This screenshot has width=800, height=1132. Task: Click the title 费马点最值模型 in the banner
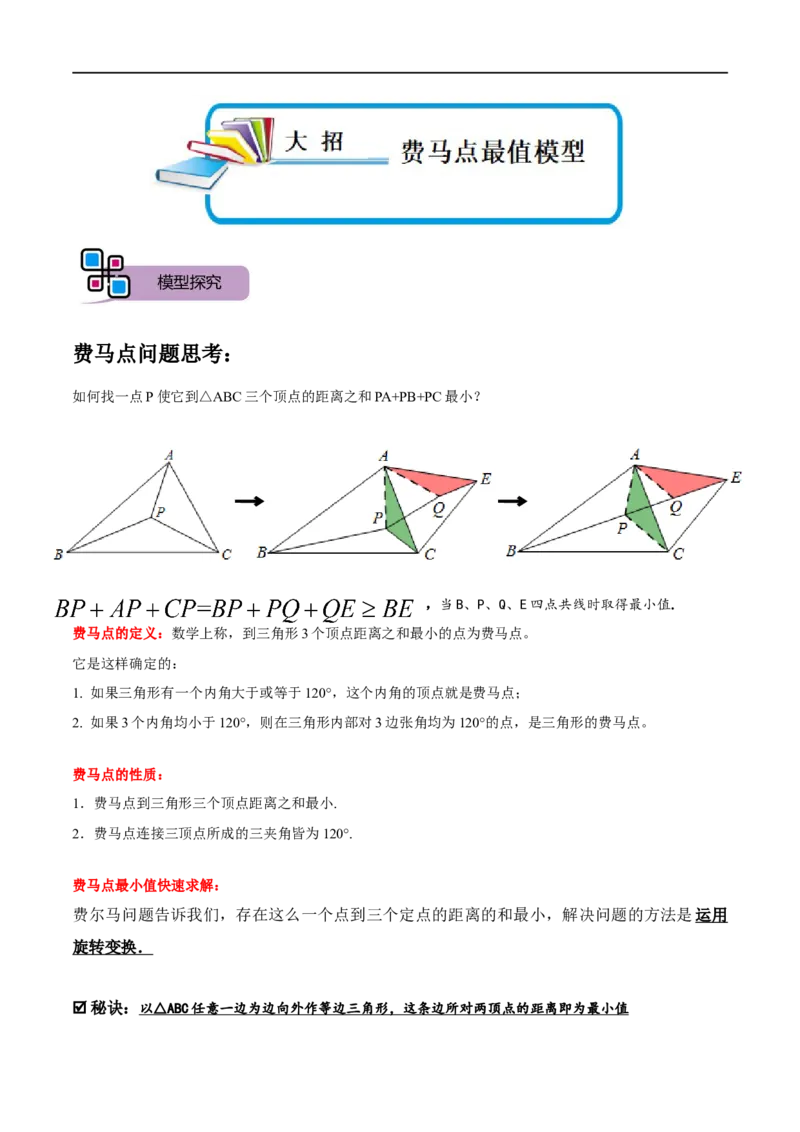coord(492,152)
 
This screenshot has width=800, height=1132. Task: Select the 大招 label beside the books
coord(314,141)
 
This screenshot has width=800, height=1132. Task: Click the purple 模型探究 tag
coord(189,282)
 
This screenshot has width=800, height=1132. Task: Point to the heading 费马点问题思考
coord(152,354)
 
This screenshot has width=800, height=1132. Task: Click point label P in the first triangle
coord(160,511)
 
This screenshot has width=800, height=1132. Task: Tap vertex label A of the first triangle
coord(169,456)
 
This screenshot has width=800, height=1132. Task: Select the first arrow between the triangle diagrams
coord(250,501)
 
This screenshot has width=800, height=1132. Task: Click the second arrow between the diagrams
coord(513,501)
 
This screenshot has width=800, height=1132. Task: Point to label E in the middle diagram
coord(486,479)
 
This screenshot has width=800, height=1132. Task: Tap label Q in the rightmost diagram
coord(676,508)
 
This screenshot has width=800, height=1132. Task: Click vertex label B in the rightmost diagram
coord(511,551)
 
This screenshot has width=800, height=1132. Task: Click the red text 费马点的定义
coord(119,634)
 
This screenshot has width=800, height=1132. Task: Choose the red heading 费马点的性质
coord(119,775)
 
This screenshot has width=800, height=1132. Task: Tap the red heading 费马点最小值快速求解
coord(147,886)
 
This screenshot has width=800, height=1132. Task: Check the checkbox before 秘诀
coord(80,1008)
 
